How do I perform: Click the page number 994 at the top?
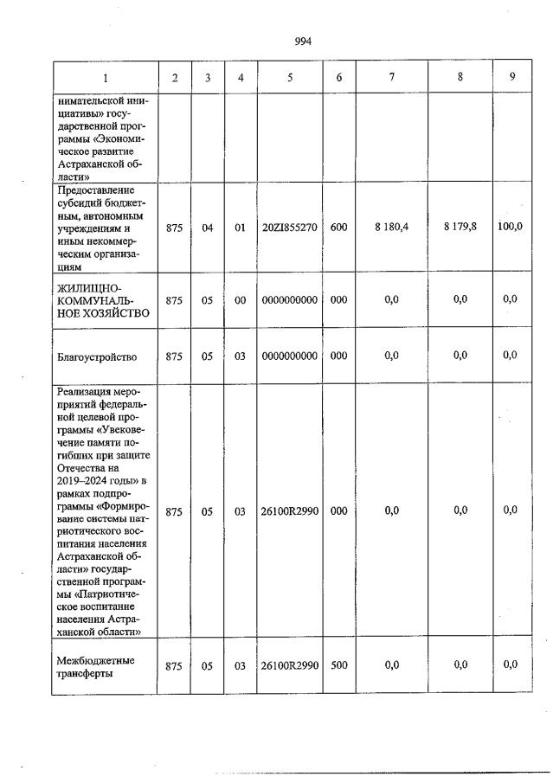302,41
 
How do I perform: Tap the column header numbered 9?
512,76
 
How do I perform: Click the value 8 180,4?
391,228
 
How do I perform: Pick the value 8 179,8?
460,227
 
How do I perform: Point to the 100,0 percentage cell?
512,227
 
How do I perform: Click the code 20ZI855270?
290,228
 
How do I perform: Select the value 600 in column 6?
338,228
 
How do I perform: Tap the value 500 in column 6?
338,664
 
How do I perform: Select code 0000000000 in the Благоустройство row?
290,356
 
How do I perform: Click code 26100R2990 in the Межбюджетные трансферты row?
290,664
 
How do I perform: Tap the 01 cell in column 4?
241,228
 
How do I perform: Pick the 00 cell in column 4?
241,300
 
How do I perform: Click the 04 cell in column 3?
208,228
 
